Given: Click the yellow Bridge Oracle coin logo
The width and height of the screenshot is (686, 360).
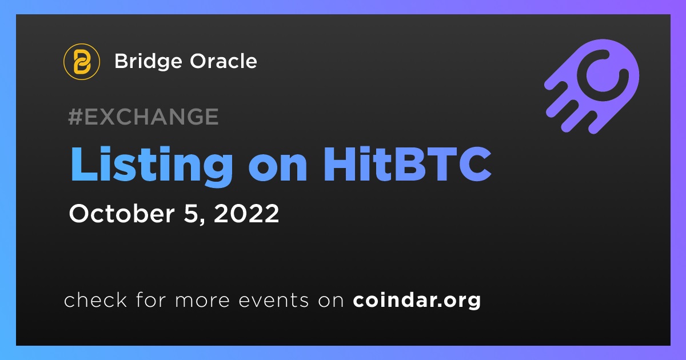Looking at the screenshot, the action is point(81,62).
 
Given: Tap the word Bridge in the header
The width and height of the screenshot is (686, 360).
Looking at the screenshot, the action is point(148,62).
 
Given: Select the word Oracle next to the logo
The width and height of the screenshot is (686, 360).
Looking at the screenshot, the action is point(224,61).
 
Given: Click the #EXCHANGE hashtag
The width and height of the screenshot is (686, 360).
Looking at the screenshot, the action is point(143,117).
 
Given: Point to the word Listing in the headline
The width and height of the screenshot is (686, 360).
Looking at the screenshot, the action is point(151,166).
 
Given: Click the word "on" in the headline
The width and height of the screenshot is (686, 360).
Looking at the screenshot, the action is point(277,169).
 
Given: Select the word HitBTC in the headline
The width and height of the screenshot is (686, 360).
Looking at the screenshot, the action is point(408,164).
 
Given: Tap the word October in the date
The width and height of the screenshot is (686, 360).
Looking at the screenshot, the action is point(122,213).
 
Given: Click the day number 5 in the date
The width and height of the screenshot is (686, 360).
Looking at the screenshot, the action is point(192,214).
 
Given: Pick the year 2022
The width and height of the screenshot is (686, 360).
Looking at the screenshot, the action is point(246,214).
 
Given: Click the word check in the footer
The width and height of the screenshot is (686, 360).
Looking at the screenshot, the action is point(95,299).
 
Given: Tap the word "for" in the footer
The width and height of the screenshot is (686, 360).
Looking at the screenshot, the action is point(151,299).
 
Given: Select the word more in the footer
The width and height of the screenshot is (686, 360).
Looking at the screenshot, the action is point(202,302).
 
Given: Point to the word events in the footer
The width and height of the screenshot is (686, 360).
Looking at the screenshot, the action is point(273,301).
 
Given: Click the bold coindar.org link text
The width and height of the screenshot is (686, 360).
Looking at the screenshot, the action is point(417,301).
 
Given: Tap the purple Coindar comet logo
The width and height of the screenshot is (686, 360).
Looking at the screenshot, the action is point(592,86).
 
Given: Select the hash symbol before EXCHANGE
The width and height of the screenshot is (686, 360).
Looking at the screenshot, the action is point(75,117).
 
